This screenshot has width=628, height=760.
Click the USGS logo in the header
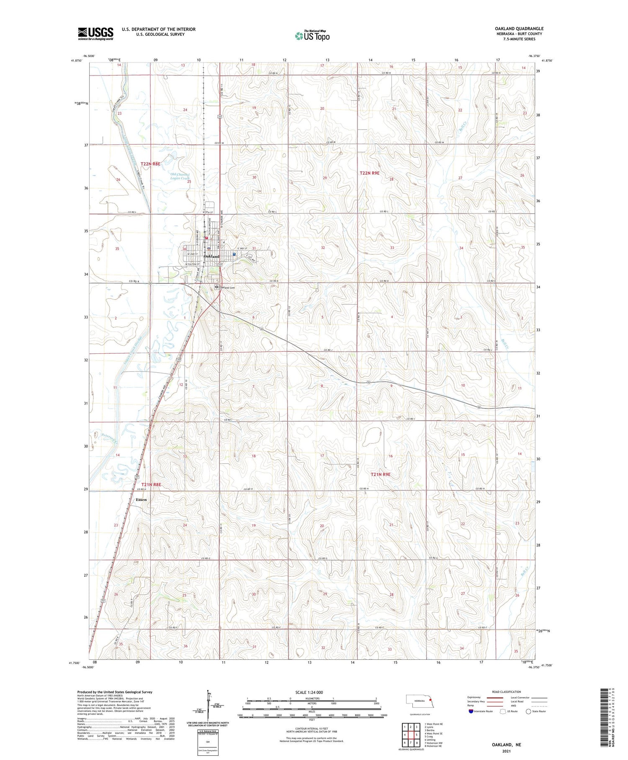[x=95, y=34]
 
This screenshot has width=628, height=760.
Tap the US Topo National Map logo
[x=312, y=36]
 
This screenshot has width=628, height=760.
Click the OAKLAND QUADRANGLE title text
[x=519, y=29]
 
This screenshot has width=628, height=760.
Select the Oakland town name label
[x=211, y=256]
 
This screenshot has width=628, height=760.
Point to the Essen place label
[x=141, y=500]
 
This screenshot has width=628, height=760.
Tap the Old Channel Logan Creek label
[x=180, y=176]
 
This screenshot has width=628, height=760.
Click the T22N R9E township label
[x=370, y=173]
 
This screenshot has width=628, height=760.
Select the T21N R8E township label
[x=151, y=485]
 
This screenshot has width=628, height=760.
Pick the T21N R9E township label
[x=381, y=475]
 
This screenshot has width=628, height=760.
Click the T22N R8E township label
[x=150, y=164]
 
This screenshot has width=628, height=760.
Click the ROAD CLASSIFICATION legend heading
[x=507, y=692]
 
